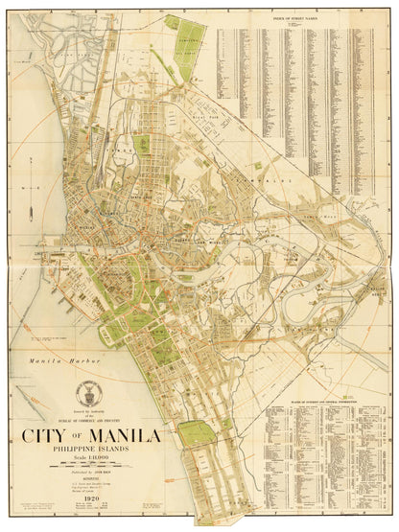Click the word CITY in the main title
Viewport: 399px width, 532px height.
point(45,436)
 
